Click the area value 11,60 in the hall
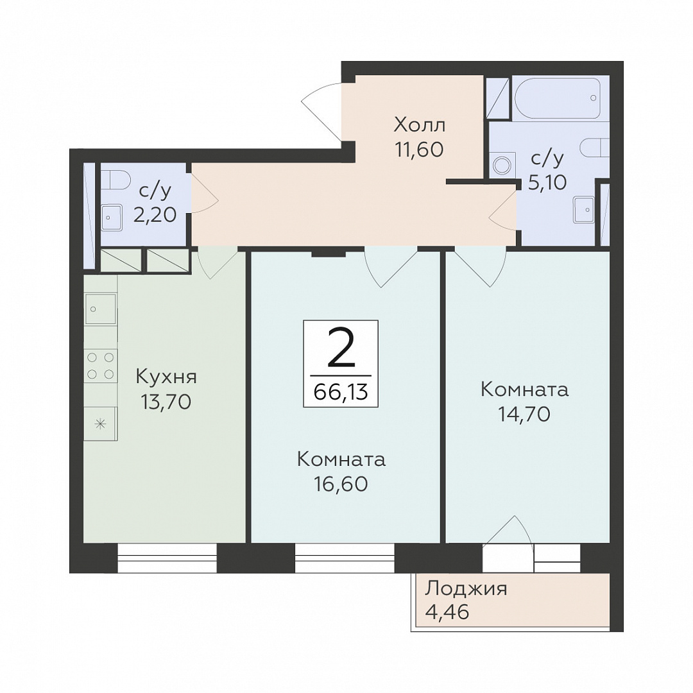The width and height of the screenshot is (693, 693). [419, 150]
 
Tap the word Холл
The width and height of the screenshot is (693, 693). [420, 125]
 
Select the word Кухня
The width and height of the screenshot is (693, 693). [166, 377]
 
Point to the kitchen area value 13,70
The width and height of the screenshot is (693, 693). [166, 402]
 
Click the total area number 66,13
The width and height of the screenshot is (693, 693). [340, 391]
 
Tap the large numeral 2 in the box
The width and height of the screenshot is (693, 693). [341, 348]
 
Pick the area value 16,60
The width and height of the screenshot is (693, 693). [341, 484]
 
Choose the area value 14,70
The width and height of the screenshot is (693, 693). [524, 415]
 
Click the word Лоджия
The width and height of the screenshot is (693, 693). [466, 590]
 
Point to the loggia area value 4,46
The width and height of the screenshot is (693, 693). [447, 613]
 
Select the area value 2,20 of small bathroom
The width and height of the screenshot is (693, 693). [155, 215]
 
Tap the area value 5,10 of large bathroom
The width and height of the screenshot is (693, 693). [547, 182]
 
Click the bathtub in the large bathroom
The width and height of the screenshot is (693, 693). [558, 98]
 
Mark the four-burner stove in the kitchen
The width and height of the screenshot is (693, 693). [101, 366]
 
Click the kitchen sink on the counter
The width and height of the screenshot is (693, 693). [100, 309]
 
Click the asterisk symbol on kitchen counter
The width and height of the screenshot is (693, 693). [101, 425]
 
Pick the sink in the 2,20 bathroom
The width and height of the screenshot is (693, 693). [112, 218]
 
